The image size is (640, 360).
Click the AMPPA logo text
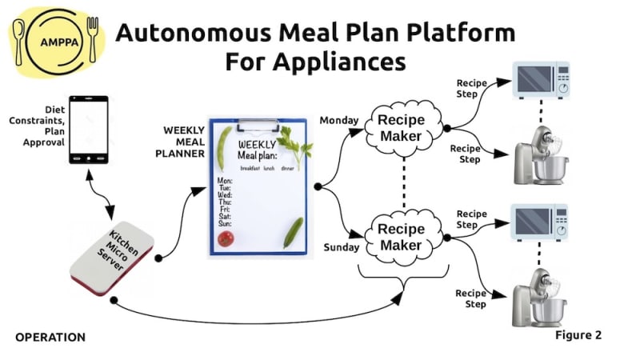tap(59, 42)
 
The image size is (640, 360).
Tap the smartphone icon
tap(89, 130)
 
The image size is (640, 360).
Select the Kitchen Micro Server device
tap(112, 258)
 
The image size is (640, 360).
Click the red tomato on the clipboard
tap(226, 238)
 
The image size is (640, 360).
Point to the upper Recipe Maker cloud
tap(403, 128)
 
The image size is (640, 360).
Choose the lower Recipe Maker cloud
tap(403, 238)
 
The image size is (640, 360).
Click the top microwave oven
tap(541, 80)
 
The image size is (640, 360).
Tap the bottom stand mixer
tap(539, 298)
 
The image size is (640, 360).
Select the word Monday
tap(338, 121)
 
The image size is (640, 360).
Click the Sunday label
tap(342, 247)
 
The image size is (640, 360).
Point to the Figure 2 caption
tap(578, 335)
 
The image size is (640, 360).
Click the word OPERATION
tap(50, 337)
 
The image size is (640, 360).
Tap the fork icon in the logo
tap(93, 39)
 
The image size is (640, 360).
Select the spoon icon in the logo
tap(18, 42)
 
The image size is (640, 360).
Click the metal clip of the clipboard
tap(258, 126)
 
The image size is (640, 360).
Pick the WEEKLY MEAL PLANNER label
tap(180, 142)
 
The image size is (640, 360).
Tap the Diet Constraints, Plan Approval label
tap(37, 126)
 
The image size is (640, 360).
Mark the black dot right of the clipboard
tap(318, 186)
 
